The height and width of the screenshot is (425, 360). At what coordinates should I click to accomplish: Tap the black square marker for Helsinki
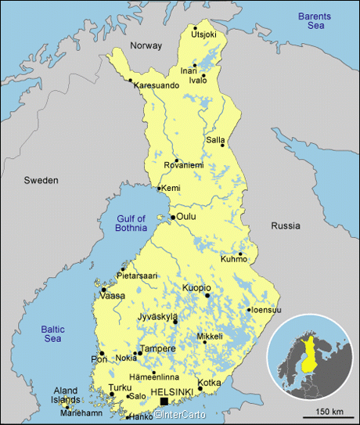(164, 402)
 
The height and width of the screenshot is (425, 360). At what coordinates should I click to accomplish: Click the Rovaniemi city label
(183, 165)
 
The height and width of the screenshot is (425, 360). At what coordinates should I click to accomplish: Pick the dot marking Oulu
(173, 217)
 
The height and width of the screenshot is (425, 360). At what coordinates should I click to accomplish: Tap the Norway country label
(146, 45)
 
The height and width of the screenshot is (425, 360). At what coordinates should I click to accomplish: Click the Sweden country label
(41, 180)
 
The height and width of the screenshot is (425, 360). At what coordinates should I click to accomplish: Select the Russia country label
(286, 225)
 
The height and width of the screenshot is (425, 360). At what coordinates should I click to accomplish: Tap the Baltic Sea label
(52, 333)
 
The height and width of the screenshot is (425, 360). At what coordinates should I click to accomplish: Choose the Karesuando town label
(157, 85)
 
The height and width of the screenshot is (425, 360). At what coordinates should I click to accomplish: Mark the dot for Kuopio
(207, 295)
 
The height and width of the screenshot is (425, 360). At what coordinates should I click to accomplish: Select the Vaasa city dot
(103, 290)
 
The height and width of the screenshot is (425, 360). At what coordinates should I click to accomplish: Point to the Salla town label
(215, 140)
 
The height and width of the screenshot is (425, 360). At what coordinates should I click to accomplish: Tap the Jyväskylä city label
(158, 315)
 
